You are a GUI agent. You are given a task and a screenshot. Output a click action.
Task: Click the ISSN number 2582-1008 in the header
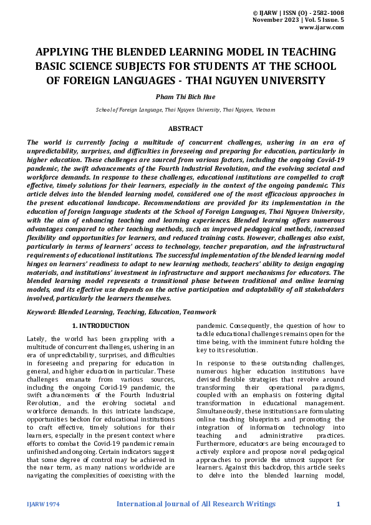click(325, 12)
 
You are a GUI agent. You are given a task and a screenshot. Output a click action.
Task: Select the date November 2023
click(274, 20)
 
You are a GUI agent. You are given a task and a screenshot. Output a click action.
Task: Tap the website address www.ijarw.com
click(322, 27)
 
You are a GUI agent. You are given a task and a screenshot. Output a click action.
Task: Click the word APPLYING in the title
click(64, 52)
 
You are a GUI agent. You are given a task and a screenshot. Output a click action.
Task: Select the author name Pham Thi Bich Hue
click(185, 96)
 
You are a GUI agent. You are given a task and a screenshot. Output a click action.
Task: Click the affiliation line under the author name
click(185, 109)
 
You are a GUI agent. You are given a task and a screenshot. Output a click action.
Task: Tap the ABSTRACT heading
click(185, 128)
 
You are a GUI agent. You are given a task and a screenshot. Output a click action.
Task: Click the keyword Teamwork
click(199, 312)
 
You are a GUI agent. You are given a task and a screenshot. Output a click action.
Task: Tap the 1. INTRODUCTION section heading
click(101, 325)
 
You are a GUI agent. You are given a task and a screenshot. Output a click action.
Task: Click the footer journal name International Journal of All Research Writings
click(196, 504)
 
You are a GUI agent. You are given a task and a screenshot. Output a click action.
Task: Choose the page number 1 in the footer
click(338, 504)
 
